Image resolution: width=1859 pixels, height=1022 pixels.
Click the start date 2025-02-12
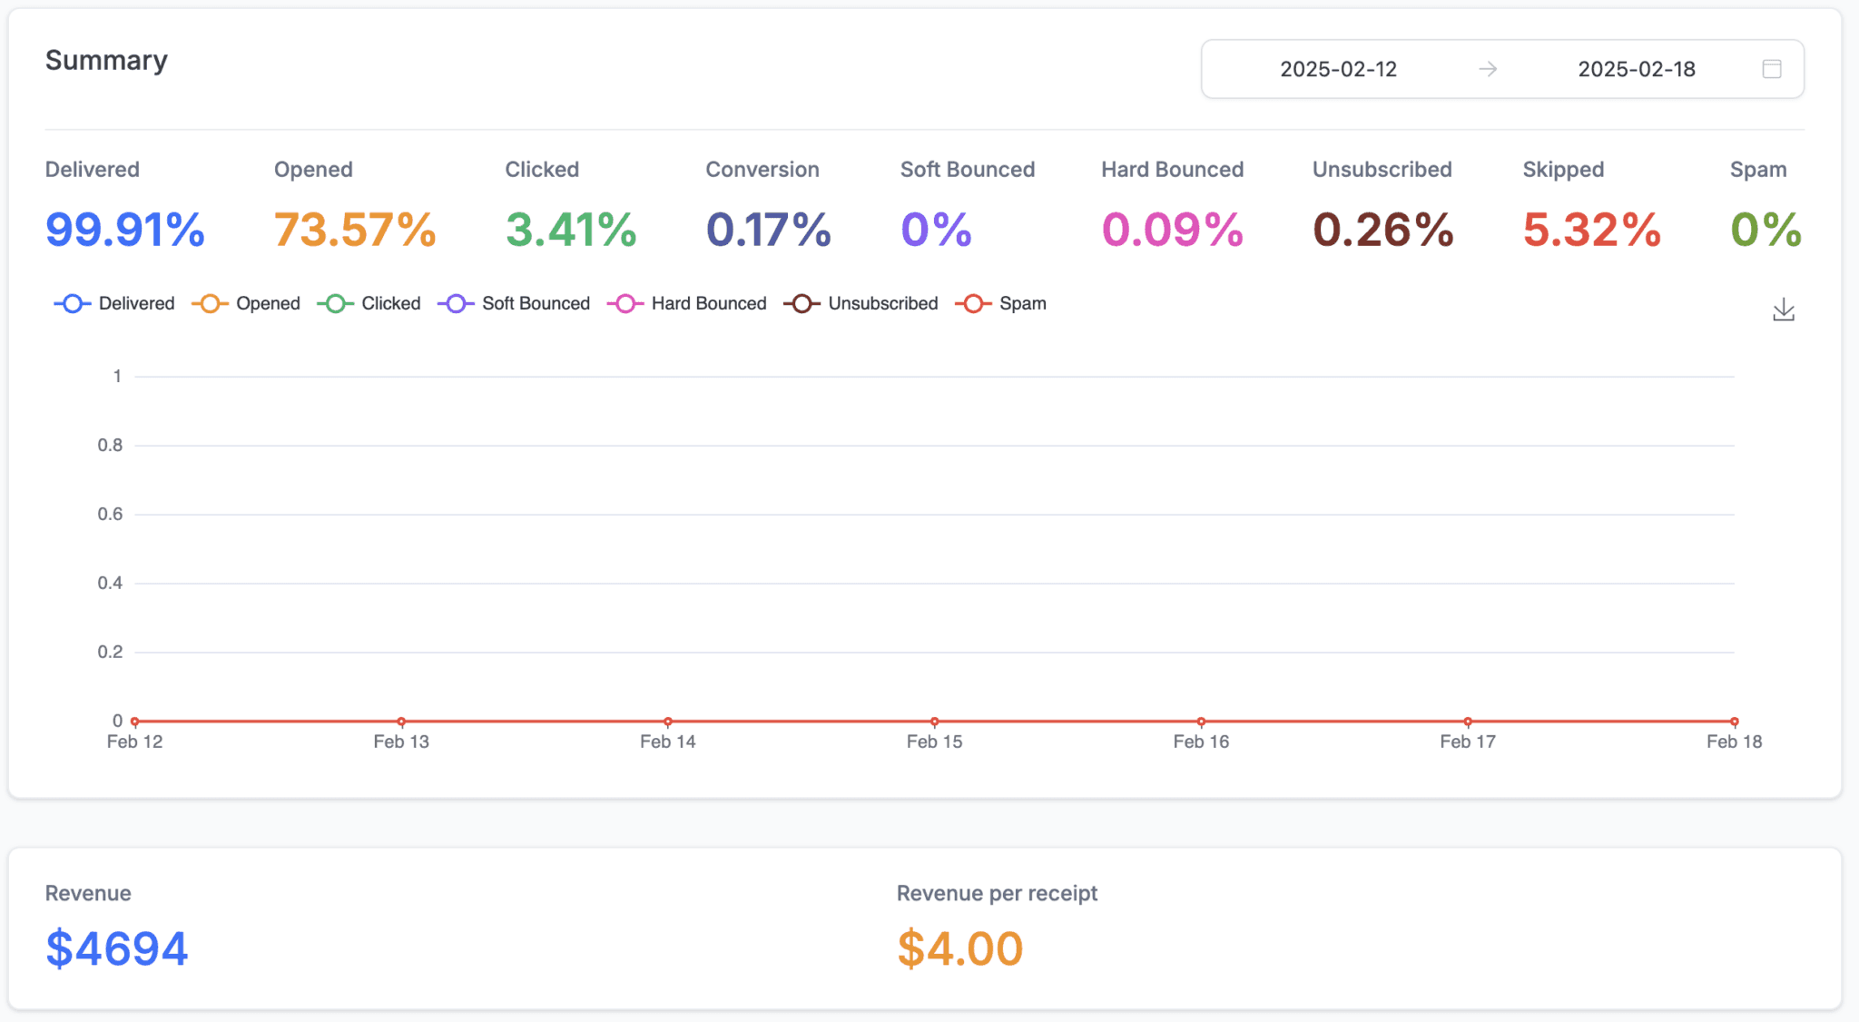[x=1338, y=69]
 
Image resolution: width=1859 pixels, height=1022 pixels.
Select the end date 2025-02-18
[x=1636, y=69]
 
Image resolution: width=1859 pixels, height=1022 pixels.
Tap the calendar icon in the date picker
[x=1771, y=69]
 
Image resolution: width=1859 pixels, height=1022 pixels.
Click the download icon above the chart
[x=1783, y=310]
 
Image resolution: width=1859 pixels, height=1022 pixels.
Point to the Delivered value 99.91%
[x=125, y=229]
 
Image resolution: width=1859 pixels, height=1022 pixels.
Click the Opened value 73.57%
[x=355, y=229]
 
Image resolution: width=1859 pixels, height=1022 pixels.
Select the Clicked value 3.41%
[x=571, y=229]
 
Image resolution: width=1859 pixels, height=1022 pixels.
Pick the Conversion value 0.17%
[x=768, y=229]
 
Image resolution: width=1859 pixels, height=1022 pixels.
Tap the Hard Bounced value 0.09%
[x=1172, y=229]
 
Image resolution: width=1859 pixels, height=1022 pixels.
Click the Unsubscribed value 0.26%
[x=1382, y=229]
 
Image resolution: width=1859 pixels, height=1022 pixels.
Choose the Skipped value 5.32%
[x=1591, y=229]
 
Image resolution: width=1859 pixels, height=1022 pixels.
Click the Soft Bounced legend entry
[x=515, y=303]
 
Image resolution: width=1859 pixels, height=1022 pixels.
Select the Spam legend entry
[x=1001, y=303]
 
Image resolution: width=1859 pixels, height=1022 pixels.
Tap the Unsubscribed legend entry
[x=861, y=303]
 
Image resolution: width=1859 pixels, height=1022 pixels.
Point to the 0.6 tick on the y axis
[x=110, y=514]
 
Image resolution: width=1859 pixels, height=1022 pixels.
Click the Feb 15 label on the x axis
[x=934, y=742]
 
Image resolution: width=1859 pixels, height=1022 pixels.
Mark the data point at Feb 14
[x=668, y=722]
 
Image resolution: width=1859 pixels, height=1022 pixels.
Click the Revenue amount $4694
[x=117, y=948]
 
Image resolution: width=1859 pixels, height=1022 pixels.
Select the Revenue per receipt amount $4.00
[x=959, y=948]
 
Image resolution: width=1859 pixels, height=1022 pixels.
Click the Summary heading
[x=106, y=60]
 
